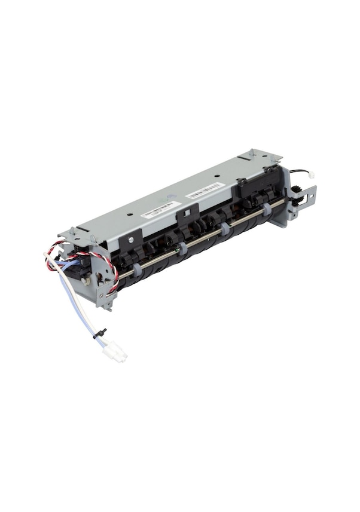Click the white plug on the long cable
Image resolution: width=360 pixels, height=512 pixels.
[115, 352]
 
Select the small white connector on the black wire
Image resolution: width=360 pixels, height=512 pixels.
[310, 174]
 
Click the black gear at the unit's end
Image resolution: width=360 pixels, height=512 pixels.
[296, 191]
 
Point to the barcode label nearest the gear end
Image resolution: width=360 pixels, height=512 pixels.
[205, 191]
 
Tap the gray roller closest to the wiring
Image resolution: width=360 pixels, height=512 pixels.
[137, 270]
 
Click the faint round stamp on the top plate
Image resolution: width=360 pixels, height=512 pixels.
[172, 197]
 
